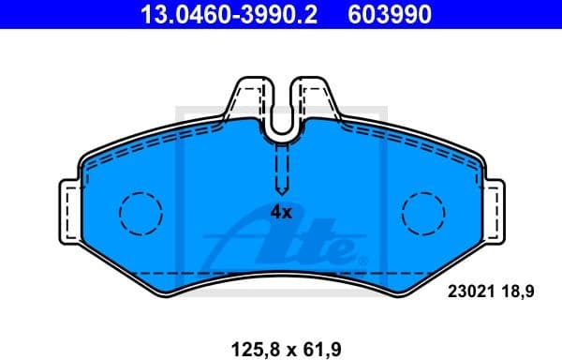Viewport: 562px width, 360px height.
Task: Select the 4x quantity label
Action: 281,212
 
